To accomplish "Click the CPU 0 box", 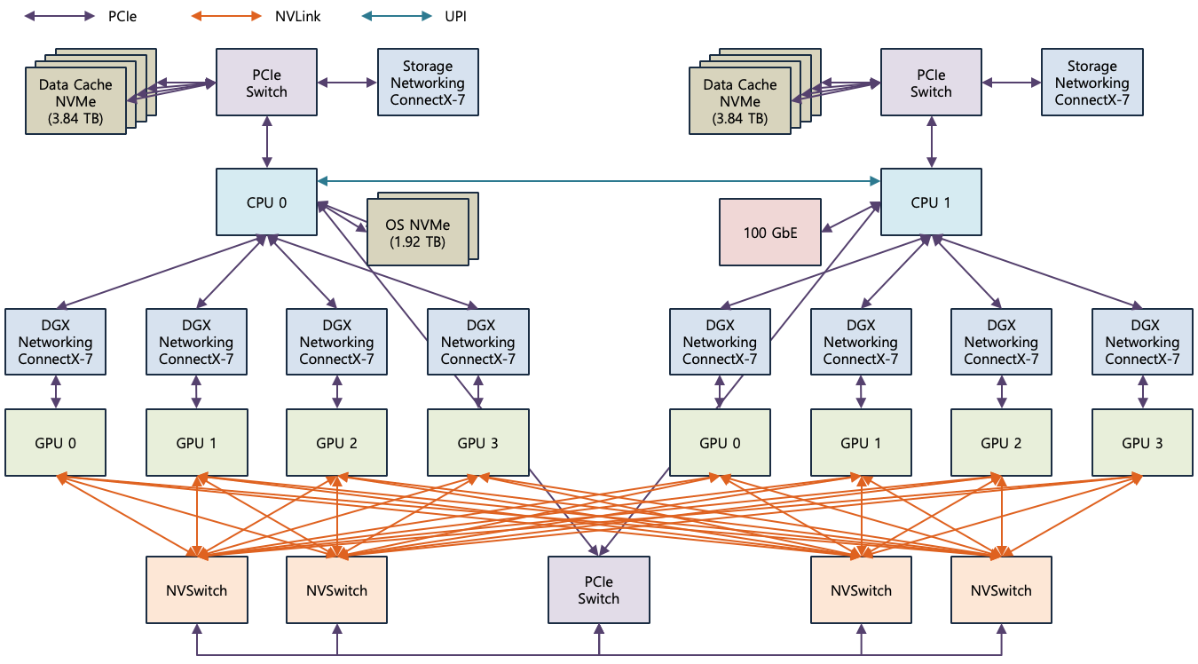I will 266,202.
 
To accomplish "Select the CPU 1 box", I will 930,202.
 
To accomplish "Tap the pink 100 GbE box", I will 770,233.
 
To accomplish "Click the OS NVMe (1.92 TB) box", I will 417,233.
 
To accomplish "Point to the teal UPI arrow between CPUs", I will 599,181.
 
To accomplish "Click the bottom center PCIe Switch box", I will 598,589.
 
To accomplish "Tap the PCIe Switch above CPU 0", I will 266,83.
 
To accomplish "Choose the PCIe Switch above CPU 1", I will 930,83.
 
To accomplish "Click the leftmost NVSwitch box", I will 197,589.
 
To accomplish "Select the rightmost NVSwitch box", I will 1001,589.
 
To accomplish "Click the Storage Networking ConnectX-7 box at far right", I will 1092,83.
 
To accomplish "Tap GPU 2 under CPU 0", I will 336,442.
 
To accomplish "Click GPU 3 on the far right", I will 1142,442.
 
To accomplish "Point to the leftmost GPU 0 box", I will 55,442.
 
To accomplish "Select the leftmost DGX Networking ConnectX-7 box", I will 55,342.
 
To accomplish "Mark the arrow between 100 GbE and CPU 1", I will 850,217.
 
